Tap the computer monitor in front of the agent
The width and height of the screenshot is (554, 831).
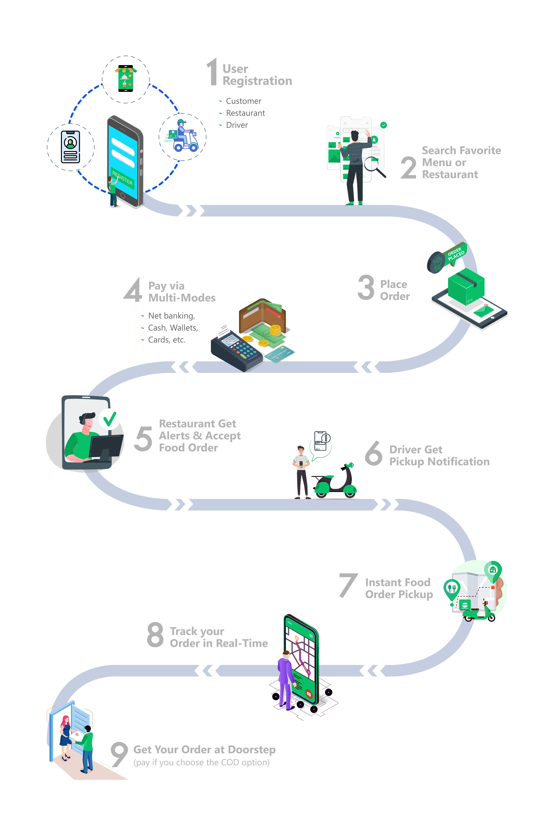click(x=106, y=447)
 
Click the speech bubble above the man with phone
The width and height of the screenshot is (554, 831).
click(x=320, y=445)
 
